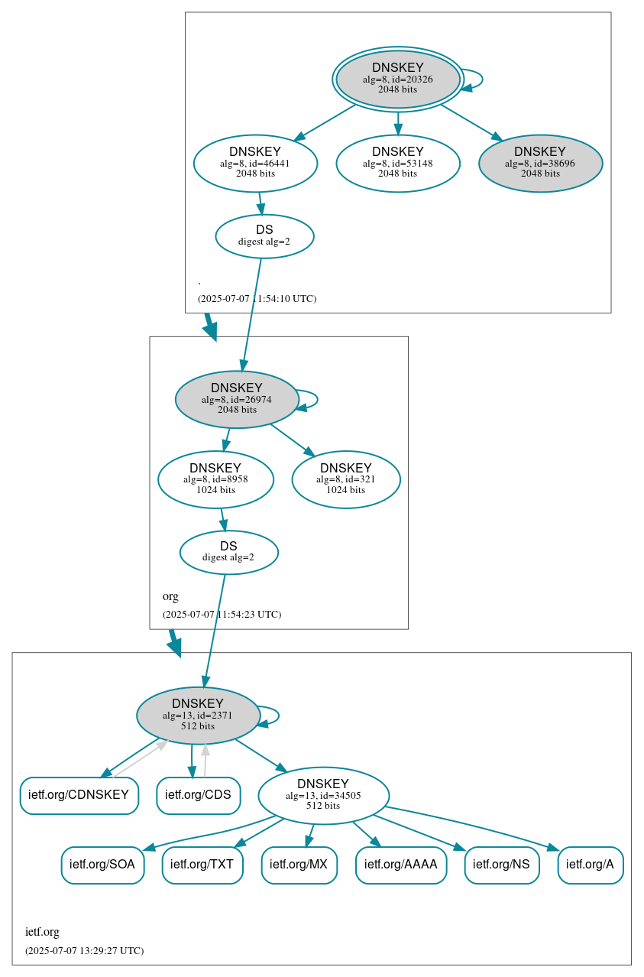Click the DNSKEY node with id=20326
[x=397, y=79]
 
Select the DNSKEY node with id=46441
[x=255, y=163]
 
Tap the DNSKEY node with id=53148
[x=397, y=163]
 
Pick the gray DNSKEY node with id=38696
[x=540, y=163]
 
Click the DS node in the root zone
[x=264, y=236]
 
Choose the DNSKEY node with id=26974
[x=237, y=399]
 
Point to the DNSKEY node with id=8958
[x=215, y=479]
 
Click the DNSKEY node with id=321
[x=345, y=479]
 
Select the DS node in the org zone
[x=228, y=552]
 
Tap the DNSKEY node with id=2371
[x=198, y=716]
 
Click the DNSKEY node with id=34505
[x=323, y=795]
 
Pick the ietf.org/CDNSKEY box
[x=79, y=795]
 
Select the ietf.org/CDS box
[x=198, y=795]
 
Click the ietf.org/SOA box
[x=102, y=865]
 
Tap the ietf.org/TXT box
[x=202, y=865]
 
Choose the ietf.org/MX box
[x=299, y=865]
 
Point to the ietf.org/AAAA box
[x=400, y=865]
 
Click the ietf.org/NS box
[x=501, y=865]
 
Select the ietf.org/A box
[x=590, y=865]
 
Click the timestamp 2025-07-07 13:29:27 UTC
[x=84, y=951]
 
